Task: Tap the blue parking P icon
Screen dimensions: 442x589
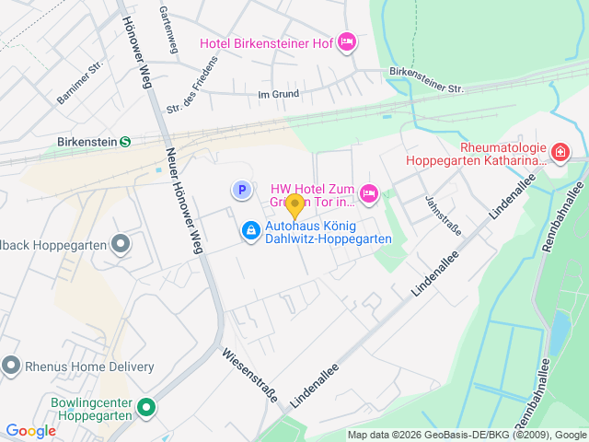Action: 240,190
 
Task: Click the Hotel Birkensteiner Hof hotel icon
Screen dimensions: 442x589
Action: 347,41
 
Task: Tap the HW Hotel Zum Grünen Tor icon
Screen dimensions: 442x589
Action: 368,192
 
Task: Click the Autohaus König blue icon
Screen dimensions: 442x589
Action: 250,230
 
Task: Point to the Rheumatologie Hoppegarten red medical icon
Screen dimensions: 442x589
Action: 560,151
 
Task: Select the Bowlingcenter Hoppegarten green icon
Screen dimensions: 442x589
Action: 145,407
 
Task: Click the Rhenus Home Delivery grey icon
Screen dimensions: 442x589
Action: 11,366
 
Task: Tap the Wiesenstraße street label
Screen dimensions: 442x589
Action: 250,375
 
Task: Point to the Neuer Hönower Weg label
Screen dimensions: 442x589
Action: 183,200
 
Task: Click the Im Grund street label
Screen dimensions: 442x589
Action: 279,94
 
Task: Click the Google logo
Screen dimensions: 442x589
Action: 31,430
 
